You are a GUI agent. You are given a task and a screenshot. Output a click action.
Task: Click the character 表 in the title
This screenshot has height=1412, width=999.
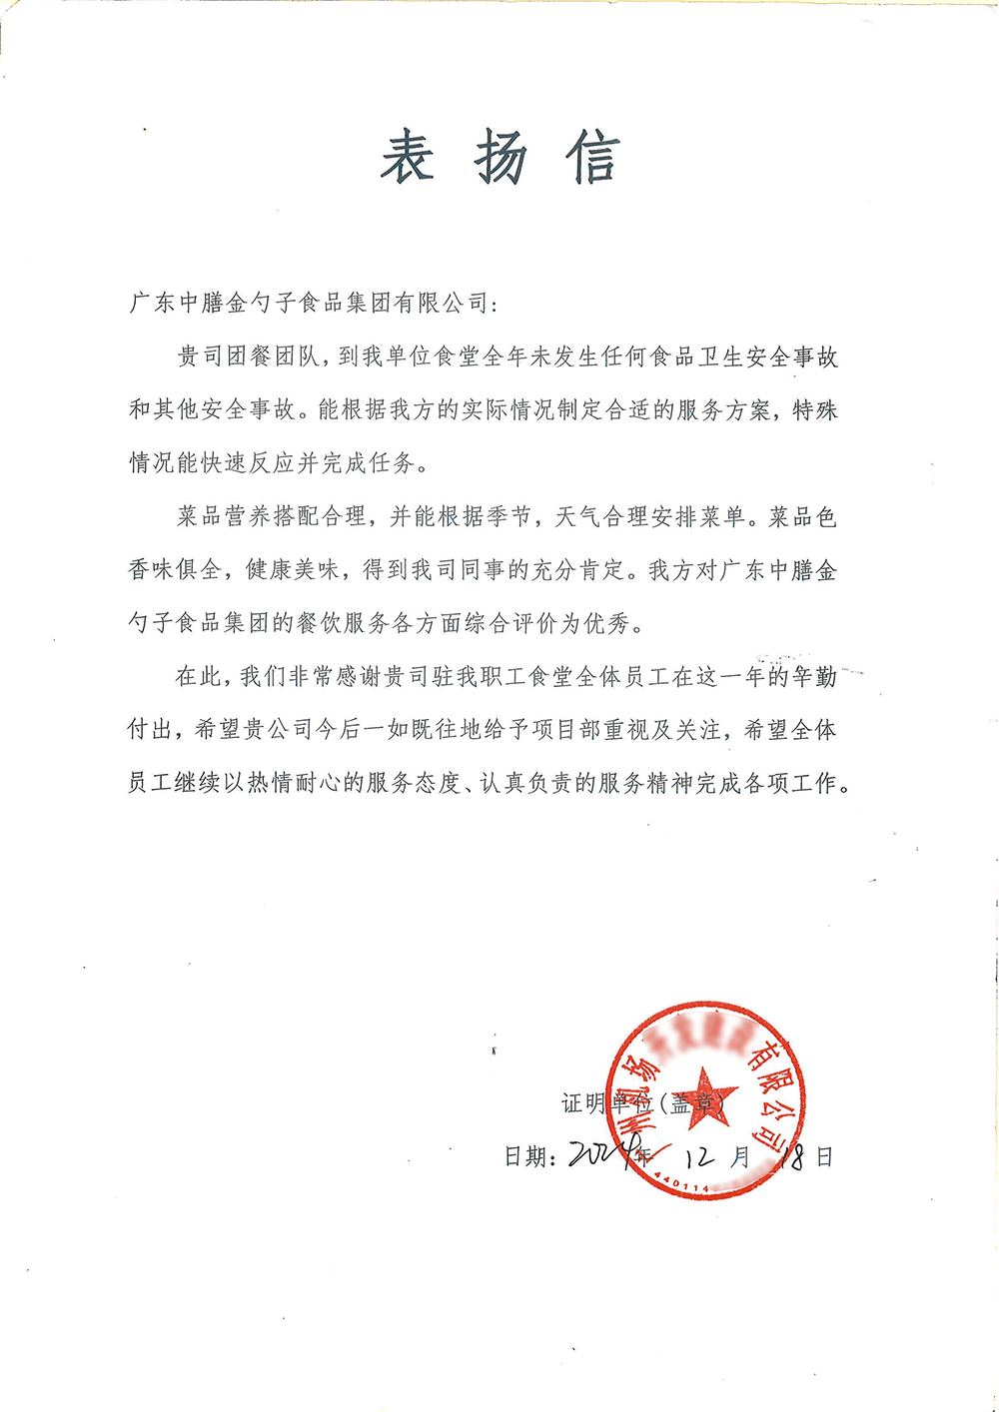[x=408, y=158]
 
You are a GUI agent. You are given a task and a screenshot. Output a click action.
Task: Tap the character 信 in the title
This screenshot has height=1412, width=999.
[x=593, y=158]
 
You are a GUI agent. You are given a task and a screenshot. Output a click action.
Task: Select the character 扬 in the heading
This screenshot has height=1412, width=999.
[x=500, y=158]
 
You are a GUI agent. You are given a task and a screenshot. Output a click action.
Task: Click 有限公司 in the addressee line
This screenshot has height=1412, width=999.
[x=440, y=303]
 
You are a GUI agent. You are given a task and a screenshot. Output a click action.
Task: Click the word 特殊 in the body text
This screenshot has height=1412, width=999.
[x=814, y=409]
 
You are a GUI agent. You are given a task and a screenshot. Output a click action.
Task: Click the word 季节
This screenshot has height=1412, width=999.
[x=508, y=516]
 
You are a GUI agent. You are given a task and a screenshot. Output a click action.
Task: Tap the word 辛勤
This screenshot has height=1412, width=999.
[x=814, y=677]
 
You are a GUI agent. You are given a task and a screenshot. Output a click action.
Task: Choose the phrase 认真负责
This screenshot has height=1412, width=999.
[x=526, y=784]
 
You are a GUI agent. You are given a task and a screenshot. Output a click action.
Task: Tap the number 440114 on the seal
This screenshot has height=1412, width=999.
[x=681, y=1184]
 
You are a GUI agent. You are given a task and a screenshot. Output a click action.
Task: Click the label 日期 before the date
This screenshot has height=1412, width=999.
[x=526, y=1157]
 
